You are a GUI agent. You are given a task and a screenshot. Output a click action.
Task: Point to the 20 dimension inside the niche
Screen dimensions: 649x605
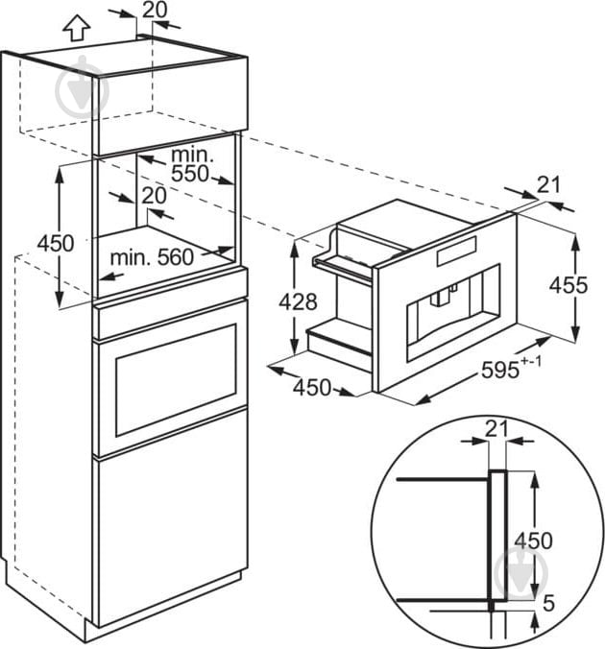(x=154, y=194)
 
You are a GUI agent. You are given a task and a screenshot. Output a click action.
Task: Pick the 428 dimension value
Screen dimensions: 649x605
(x=299, y=301)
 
